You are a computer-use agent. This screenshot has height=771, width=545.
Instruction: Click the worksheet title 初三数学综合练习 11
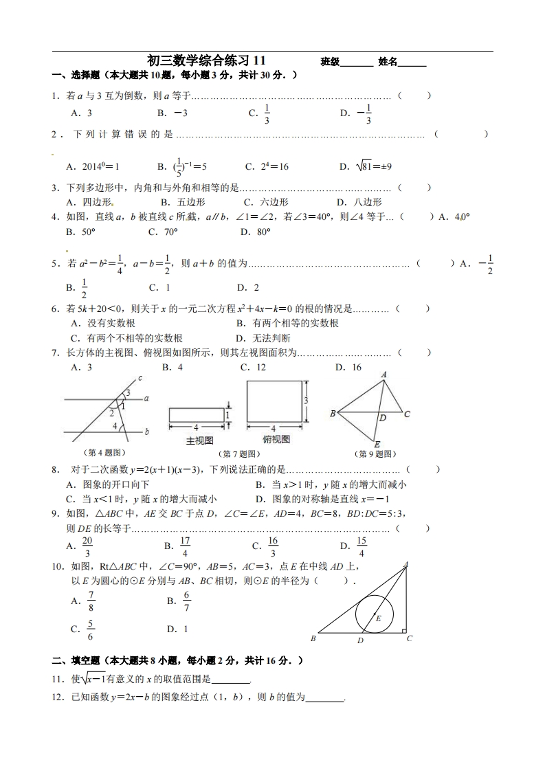(206, 61)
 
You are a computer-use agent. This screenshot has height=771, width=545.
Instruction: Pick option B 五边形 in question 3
(183, 202)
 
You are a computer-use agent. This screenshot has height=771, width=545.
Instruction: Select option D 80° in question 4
(256, 232)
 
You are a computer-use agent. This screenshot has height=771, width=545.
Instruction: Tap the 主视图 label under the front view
(200, 440)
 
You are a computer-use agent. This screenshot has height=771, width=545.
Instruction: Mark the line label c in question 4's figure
(140, 378)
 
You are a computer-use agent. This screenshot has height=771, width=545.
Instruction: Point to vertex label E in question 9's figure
(378, 445)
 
